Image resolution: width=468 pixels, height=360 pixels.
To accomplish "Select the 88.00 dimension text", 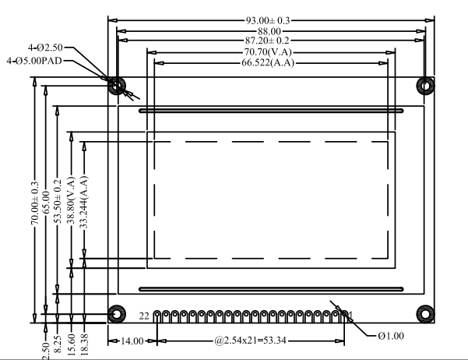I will pos(267,30).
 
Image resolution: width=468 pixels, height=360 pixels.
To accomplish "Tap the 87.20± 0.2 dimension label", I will pos(267,40).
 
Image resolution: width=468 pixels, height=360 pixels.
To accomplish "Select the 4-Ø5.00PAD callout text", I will pos(34,60).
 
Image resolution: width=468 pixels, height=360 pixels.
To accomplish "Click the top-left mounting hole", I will pos(116,85).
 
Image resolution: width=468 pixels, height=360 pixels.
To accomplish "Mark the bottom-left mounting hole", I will pos(116,313).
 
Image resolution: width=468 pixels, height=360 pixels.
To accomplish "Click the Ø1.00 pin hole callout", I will pos(392,337).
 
